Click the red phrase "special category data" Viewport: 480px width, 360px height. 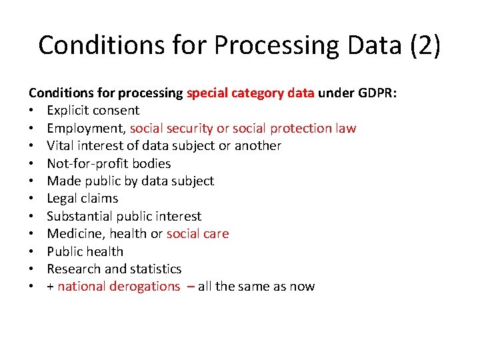(x=251, y=93)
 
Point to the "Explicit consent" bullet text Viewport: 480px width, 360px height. (x=93, y=110)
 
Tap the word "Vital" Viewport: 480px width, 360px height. (x=61, y=145)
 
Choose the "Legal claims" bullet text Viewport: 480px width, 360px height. (x=82, y=198)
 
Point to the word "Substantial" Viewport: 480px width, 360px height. (x=80, y=216)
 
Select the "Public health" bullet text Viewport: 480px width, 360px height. (x=85, y=251)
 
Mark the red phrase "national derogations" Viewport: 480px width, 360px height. (x=119, y=287)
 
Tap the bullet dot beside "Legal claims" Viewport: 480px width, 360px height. (x=32, y=199)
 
